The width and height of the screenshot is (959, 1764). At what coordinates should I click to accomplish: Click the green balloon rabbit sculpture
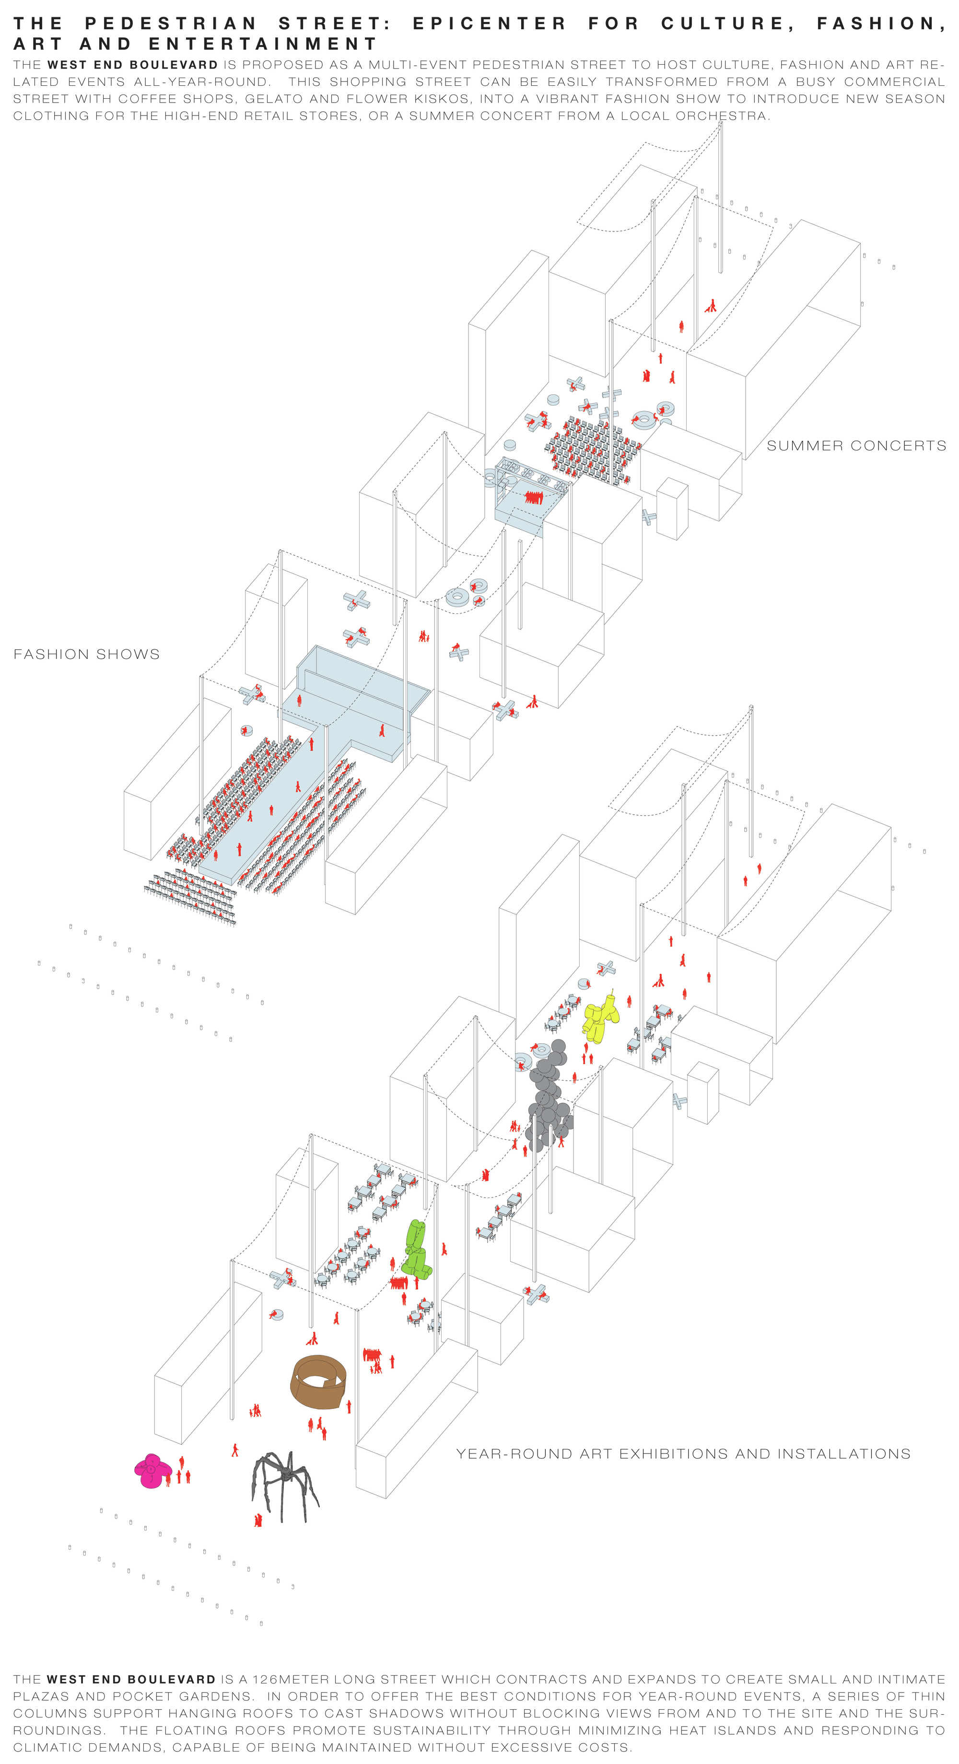point(415,1250)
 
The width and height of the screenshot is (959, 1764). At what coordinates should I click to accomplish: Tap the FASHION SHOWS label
point(86,654)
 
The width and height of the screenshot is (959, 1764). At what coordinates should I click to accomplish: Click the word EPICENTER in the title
point(489,23)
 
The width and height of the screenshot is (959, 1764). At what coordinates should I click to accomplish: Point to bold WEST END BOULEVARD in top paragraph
point(132,65)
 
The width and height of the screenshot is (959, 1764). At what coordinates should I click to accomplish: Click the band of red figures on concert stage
point(534,497)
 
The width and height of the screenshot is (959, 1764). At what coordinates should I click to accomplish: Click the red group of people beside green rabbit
point(398,1282)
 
